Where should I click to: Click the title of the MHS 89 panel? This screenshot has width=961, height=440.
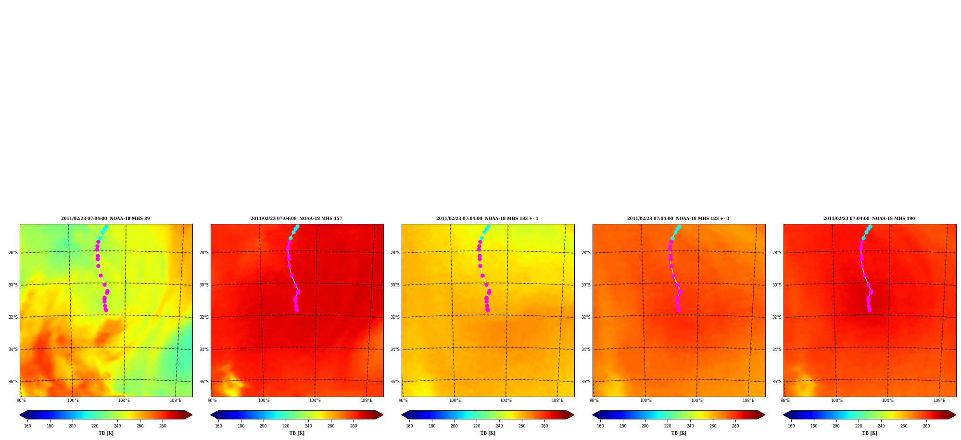(105, 219)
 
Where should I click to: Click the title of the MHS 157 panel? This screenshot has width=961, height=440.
(296, 219)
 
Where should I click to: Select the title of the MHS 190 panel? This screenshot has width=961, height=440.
(869, 219)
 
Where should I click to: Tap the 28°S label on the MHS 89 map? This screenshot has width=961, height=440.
(13, 253)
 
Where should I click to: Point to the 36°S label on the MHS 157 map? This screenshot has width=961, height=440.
(204, 382)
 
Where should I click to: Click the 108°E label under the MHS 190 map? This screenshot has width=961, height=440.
(939, 401)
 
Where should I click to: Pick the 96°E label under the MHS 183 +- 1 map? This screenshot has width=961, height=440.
(403, 401)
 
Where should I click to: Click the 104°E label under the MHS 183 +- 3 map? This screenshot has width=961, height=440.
(697, 401)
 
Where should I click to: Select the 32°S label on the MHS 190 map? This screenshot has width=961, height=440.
(777, 317)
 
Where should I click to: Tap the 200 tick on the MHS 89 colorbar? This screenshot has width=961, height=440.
(72, 426)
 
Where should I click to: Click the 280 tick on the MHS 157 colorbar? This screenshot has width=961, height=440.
(354, 426)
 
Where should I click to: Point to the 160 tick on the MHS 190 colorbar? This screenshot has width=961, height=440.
(791, 426)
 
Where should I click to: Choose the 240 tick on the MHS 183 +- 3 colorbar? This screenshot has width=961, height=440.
(690, 426)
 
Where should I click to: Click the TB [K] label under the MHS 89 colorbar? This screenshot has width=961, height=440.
(106, 433)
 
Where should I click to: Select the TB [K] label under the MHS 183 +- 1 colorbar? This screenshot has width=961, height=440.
(488, 433)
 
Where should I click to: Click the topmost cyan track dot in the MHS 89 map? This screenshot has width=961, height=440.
(106, 226)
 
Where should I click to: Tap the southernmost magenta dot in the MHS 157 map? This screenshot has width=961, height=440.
(297, 310)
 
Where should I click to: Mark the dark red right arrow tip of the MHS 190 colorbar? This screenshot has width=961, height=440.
(956, 415)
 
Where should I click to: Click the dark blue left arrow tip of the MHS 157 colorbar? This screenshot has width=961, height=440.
(211, 415)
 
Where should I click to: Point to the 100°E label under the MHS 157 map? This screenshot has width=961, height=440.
(264, 401)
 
